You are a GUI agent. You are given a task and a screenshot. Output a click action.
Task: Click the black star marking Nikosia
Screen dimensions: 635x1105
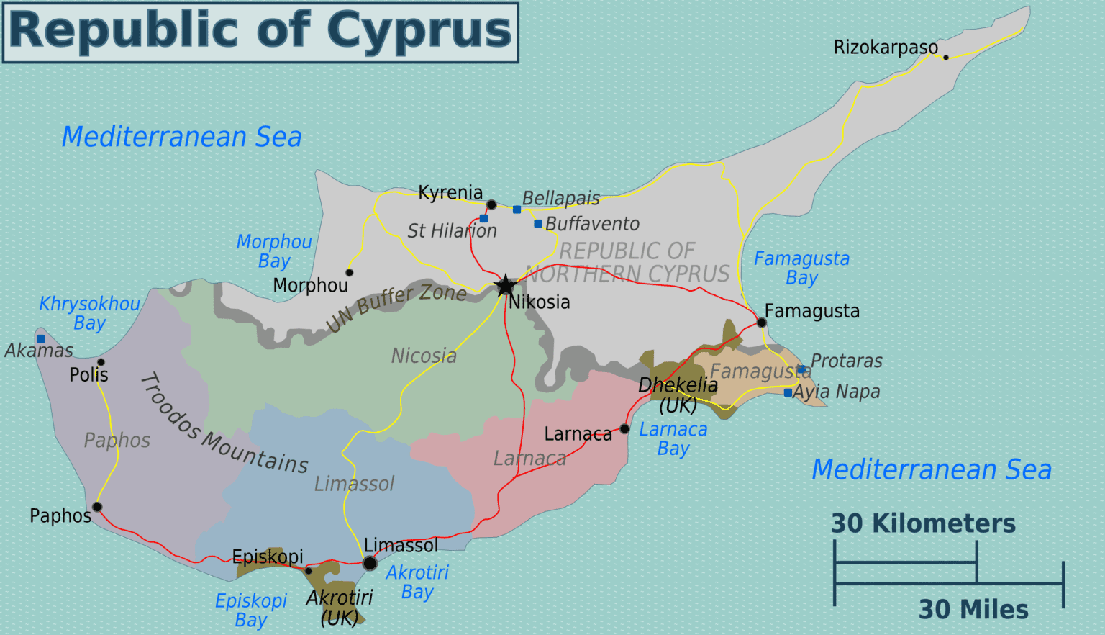[x=506, y=286]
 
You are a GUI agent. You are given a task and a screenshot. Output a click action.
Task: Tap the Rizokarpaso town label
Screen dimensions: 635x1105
[x=886, y=48]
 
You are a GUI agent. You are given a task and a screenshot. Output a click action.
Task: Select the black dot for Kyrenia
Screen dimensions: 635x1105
[x=491, y=205]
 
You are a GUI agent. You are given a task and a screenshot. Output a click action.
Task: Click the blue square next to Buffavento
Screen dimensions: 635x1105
[x=538, y=224]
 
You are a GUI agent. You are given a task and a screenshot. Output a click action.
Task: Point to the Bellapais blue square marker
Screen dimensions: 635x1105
[x=517, y=210]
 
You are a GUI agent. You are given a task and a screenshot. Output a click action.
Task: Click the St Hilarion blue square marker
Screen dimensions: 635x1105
[x=483, y=218]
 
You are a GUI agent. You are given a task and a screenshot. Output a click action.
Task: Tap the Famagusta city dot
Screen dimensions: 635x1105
[x=762, y=323]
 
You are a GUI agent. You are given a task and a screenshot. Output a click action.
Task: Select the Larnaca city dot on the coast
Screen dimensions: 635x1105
[x=624, y=429]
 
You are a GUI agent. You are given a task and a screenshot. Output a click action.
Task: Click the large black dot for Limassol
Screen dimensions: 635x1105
[x=370, y=564]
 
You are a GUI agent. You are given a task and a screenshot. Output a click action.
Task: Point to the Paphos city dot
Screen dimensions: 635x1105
[x=97, y=507]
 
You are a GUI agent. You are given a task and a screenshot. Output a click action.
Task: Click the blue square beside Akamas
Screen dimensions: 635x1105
[x=41, y=338]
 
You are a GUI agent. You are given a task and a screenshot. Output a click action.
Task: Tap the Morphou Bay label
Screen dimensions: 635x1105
[x=274, y=251]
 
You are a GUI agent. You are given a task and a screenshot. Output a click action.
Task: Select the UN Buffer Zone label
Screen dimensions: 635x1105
[x=396, y=307]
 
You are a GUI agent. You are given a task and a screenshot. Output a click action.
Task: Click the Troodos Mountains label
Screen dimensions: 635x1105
[x=224, y=425]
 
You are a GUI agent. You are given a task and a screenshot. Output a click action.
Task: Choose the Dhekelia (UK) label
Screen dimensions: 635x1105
[x=678, y=395]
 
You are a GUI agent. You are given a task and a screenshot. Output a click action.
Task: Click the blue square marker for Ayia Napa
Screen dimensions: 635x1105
[x=788, y=393]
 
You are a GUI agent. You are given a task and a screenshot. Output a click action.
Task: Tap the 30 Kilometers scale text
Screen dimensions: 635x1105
[x=923, y=523]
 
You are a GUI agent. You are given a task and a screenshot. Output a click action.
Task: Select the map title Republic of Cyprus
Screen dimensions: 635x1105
[x=260, y=32]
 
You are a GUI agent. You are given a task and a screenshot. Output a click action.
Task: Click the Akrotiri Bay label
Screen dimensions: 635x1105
[x=417, y=582]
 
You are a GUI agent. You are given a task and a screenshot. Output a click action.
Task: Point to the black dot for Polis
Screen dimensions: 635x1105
[x=101, y=362]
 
